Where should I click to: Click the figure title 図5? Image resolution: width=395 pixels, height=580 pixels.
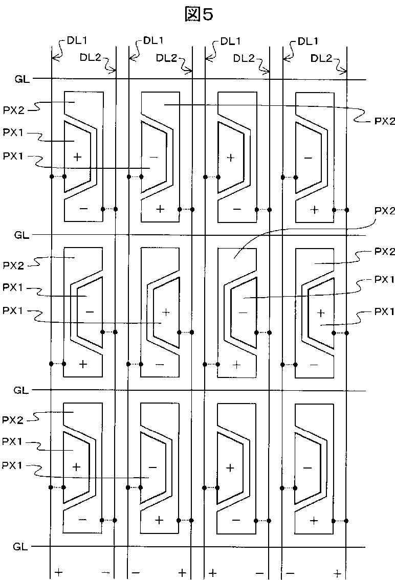[x=198, y=15]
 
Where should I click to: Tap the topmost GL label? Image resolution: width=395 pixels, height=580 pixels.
[x=23, y=79]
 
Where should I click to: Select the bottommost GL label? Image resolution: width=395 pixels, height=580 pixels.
[x=20, y=547]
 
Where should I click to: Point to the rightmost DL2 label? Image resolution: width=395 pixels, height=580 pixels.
[x=320, y=58]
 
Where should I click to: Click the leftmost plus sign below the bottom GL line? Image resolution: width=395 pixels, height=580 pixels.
[x=59, y=573]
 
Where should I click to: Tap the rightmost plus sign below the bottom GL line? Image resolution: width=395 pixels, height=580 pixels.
[x=338, y=573]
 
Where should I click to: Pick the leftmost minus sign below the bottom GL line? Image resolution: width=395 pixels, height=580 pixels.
[x=105, y=573]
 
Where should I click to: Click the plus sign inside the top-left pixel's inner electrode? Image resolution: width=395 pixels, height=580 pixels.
[x=77, y=157]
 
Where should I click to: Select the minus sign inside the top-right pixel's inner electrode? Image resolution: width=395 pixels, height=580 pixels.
[x=308, y=158]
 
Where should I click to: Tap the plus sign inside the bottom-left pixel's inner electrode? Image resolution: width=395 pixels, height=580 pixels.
[x=77, y=467]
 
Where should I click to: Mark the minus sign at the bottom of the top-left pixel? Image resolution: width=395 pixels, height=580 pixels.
[x=83, y=209]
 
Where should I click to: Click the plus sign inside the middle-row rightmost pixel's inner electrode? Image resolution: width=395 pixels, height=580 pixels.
[x=321, y=313]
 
